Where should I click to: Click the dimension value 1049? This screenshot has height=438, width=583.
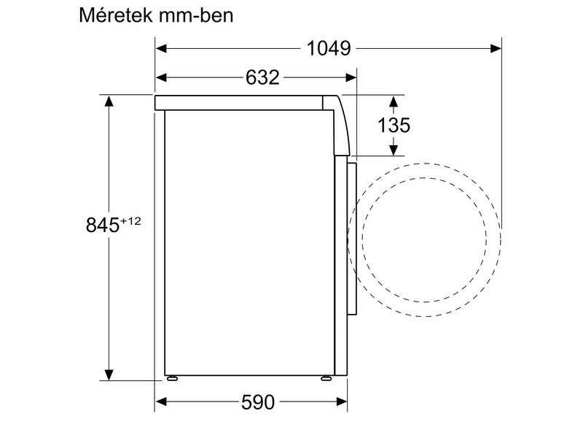point(329,49)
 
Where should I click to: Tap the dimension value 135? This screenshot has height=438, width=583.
point(394,125)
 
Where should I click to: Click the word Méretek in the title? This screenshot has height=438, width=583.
point(119,16)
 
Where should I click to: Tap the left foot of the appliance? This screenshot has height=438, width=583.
point(173,380)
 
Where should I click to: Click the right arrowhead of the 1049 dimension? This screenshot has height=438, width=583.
point(496,49)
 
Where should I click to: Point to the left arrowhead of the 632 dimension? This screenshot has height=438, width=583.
point(162,77)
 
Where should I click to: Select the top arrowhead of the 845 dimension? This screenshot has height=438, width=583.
point(109,101)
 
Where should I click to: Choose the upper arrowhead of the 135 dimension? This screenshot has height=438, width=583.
point(394,101)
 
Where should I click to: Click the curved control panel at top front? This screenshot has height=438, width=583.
point(339,124)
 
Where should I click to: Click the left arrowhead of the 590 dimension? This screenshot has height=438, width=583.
point(162,401)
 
